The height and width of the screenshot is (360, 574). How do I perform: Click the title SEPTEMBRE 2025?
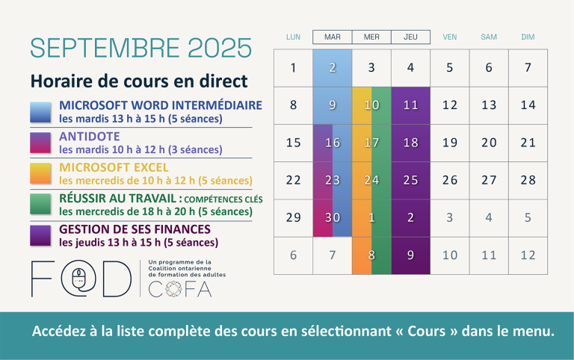[141, 48]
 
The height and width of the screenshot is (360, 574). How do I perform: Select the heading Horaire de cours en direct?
[139, 81]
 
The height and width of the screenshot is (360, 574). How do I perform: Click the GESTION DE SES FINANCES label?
[135, 229]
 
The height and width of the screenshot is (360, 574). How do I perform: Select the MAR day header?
[333, 37]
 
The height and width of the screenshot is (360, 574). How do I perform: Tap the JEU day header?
[410, 37]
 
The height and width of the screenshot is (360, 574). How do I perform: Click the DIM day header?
[528, 37]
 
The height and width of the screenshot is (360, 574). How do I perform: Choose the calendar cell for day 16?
[333, 143]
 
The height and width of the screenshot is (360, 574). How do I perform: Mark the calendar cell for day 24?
[371, 180]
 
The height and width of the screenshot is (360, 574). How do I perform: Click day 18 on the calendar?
[410, 143]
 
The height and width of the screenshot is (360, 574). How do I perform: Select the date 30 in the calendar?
[333, 217]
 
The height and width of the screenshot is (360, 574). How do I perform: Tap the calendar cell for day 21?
[528, 143]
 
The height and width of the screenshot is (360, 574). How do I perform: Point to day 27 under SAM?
[489, 180]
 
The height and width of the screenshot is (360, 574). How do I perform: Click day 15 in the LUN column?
[293, 143]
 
